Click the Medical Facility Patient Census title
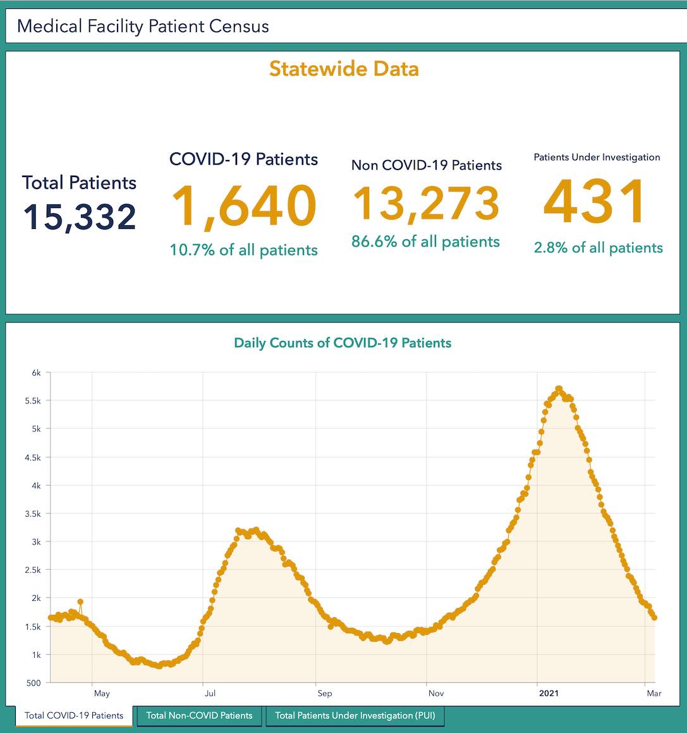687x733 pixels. pyautogui.click(x=143, y=27)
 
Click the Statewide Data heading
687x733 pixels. pyautogui.click(x=344, y=68)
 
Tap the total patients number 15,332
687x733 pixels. pyautogui.click(x=80, y=216)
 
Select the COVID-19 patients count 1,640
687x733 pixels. pyautogui.click(x=244, y=206)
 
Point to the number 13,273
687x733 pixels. pyautogui.click(x=426, y=204)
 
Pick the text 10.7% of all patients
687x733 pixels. pyautogui.click(x=244, y=250)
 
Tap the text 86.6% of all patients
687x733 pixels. pyautogui.click(x=425, y=242)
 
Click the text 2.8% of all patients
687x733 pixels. pyautogui.click(x=598, y=247)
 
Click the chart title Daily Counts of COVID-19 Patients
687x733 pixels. pyautogui.click(x=343, y=343)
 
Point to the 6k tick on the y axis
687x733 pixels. pyautogui.click(x=36, y=373)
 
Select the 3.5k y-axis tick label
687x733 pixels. pyautogui.click(x=33, y=514)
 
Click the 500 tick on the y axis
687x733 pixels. pyautogui.click(x=34, y=683)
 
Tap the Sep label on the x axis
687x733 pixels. pyautogui.click(x=324, y=693)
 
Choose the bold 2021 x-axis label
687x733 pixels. pyautogui.click(x=548, y=693)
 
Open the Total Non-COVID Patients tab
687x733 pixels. pyautogui.click(x=199, y=716)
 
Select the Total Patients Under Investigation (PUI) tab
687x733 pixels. pyautogui.click(x=355, y=716)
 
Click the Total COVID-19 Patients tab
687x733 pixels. pyautogui.click(x=74, y=716)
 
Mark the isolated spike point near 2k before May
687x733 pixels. pyautogui.click(x=80, y=601)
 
